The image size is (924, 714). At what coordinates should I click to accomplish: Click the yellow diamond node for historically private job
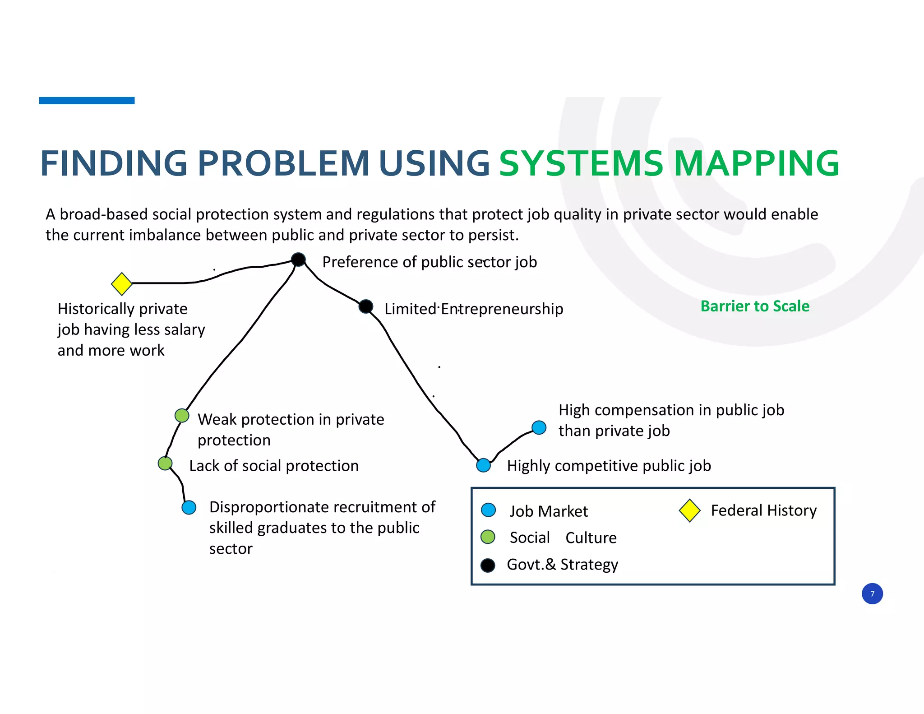(x=121, y=283)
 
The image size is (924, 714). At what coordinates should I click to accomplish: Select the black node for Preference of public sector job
(x=298, y=260)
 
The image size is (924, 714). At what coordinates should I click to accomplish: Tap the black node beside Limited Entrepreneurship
(x=366, y=306)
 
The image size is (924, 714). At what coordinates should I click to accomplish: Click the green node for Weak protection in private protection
(x=182, y=416)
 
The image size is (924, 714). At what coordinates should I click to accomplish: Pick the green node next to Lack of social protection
(x=165, y=463)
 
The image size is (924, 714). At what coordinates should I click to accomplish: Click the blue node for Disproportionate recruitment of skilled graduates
(x=189, y=507)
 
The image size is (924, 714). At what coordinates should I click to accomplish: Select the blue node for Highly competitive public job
(x=484, y=465)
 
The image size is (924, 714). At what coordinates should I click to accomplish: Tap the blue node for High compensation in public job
(x=539, y=427)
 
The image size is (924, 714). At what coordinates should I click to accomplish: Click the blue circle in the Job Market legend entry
(x=489, y=510)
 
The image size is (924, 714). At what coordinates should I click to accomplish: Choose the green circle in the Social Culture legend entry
(x=488, y=537)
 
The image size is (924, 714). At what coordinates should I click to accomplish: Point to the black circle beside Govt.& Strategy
(x=488, y=565)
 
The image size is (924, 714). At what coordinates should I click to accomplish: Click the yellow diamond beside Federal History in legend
(x=689, y=510)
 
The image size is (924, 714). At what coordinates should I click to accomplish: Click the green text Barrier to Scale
(x=755, y=306)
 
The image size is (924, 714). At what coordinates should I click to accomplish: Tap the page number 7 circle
(x=872, y=593)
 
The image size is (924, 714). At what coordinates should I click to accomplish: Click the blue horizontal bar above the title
(x=87, y=101)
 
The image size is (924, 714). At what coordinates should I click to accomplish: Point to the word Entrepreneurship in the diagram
(x=502, y=309)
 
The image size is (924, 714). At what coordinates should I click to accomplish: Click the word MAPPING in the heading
(x=756, y=163)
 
